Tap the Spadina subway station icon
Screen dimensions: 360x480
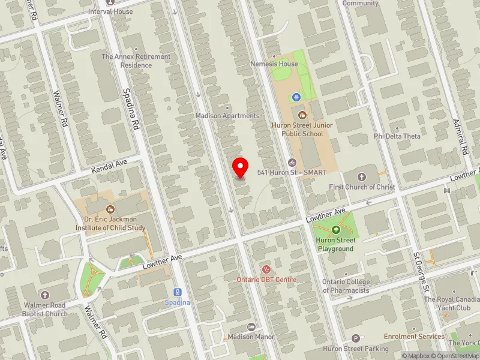(178, 292)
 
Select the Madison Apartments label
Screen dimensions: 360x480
(227, 116)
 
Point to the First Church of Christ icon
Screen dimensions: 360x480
(362, 176)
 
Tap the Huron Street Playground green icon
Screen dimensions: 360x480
(335, 230)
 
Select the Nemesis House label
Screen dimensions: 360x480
(275, 64)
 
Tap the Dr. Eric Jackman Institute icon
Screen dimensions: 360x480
(110, 209)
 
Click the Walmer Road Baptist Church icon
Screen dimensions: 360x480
(45, 295)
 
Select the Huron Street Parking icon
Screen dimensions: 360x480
(355, 339)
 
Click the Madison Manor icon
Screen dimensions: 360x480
(251, 327)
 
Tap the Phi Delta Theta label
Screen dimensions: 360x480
(397, 136)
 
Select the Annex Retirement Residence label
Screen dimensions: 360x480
(136, 61)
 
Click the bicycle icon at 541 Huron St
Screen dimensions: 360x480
(292, 162)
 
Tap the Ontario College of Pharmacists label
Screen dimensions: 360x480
(345, 286)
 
